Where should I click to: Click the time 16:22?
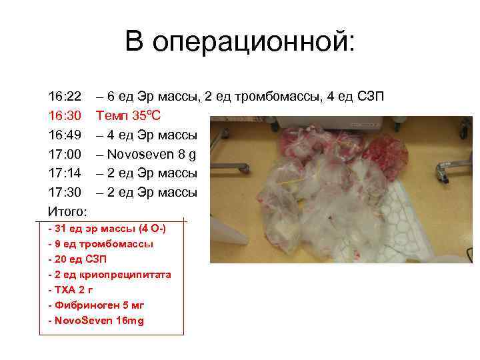click(x=65, y=97)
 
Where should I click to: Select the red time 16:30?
click(x=65, y=116)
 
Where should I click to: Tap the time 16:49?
click(x=65, y=135)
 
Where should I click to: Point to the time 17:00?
click(x=65, y=154)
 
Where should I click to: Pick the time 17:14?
click(x=65, y=173)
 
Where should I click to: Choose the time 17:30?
click(x=65, y=193)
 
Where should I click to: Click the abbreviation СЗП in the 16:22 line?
click(x=369, y=97)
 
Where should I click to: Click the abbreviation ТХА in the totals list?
click(x=65, y=290)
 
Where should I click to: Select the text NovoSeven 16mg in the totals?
click(x=99, y=321)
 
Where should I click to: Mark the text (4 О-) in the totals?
click(x=151, y=229)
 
